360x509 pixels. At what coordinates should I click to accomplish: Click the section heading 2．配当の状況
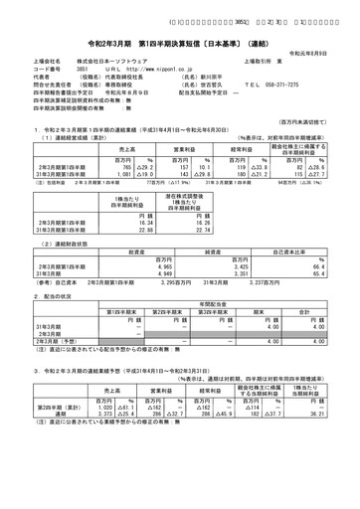35,297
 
